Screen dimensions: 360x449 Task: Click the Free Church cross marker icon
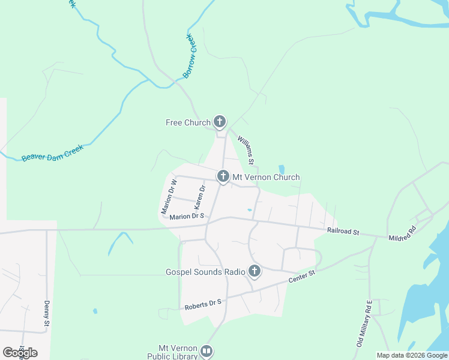click(x=220, y=122)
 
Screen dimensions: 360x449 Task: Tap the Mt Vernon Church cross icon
click(x=223, y=176)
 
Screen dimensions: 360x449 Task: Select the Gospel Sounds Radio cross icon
click(x=255, y=272)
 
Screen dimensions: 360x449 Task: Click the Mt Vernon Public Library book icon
click(x=206, y=352)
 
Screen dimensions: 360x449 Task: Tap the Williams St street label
click(x=246, y=150)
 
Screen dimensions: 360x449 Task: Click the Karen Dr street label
click(x=200, y=197)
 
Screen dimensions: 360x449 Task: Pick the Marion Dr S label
click(x=187, y=216)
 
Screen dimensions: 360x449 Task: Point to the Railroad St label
click(x=343, y=231)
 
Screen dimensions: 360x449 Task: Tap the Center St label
click(x=301, y=277)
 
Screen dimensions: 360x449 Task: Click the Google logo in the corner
click(x=20, y=353)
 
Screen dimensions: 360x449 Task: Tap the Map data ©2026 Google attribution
click(x=412, y=355)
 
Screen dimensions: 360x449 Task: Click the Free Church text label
click(x=188, y=122)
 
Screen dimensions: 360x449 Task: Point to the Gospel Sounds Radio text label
click(x=205, y=272)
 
